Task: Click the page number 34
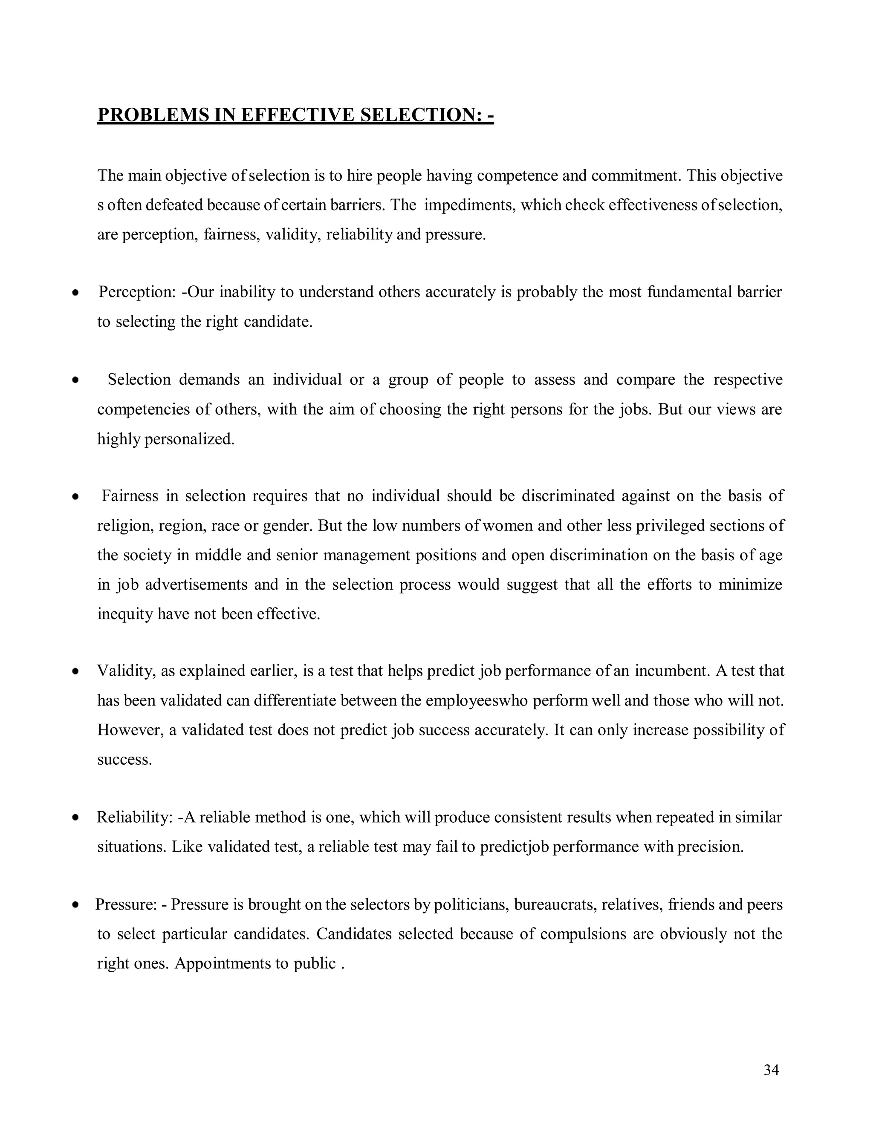pyautogui.click(x=771, y=1071)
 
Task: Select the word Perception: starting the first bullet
pyautogui.click(x=138, y=292)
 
